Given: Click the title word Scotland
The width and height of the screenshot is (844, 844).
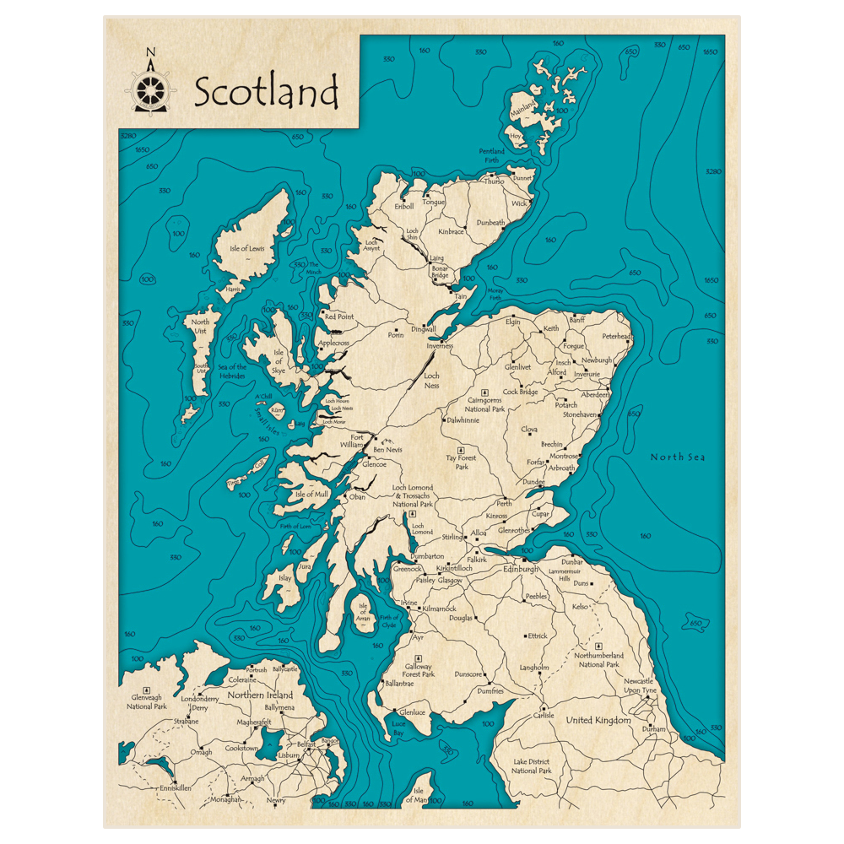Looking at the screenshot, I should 266,92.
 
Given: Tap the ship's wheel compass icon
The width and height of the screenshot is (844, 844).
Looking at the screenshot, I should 150,88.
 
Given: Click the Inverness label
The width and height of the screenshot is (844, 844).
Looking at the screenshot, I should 440,346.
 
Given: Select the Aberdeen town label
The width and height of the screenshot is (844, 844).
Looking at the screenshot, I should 594,394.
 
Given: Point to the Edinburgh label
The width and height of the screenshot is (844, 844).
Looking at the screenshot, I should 520,570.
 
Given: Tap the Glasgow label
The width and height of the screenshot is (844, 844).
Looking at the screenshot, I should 450,581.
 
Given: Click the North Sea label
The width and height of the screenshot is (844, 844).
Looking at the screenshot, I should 677,457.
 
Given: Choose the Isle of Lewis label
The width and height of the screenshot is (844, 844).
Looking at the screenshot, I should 246,248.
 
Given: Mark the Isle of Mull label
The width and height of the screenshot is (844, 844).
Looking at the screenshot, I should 311,494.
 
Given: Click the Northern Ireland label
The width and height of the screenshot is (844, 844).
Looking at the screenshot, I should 259,695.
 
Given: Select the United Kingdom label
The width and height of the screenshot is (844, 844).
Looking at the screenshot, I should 598,720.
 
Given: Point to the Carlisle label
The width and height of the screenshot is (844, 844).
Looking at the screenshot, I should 544,716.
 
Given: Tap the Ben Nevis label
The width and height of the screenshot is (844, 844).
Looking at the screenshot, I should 388,450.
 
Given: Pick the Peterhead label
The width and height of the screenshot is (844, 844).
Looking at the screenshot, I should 617,336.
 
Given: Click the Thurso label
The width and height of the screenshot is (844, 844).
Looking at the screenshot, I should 494,181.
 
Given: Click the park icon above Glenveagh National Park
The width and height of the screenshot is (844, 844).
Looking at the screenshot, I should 147,690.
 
